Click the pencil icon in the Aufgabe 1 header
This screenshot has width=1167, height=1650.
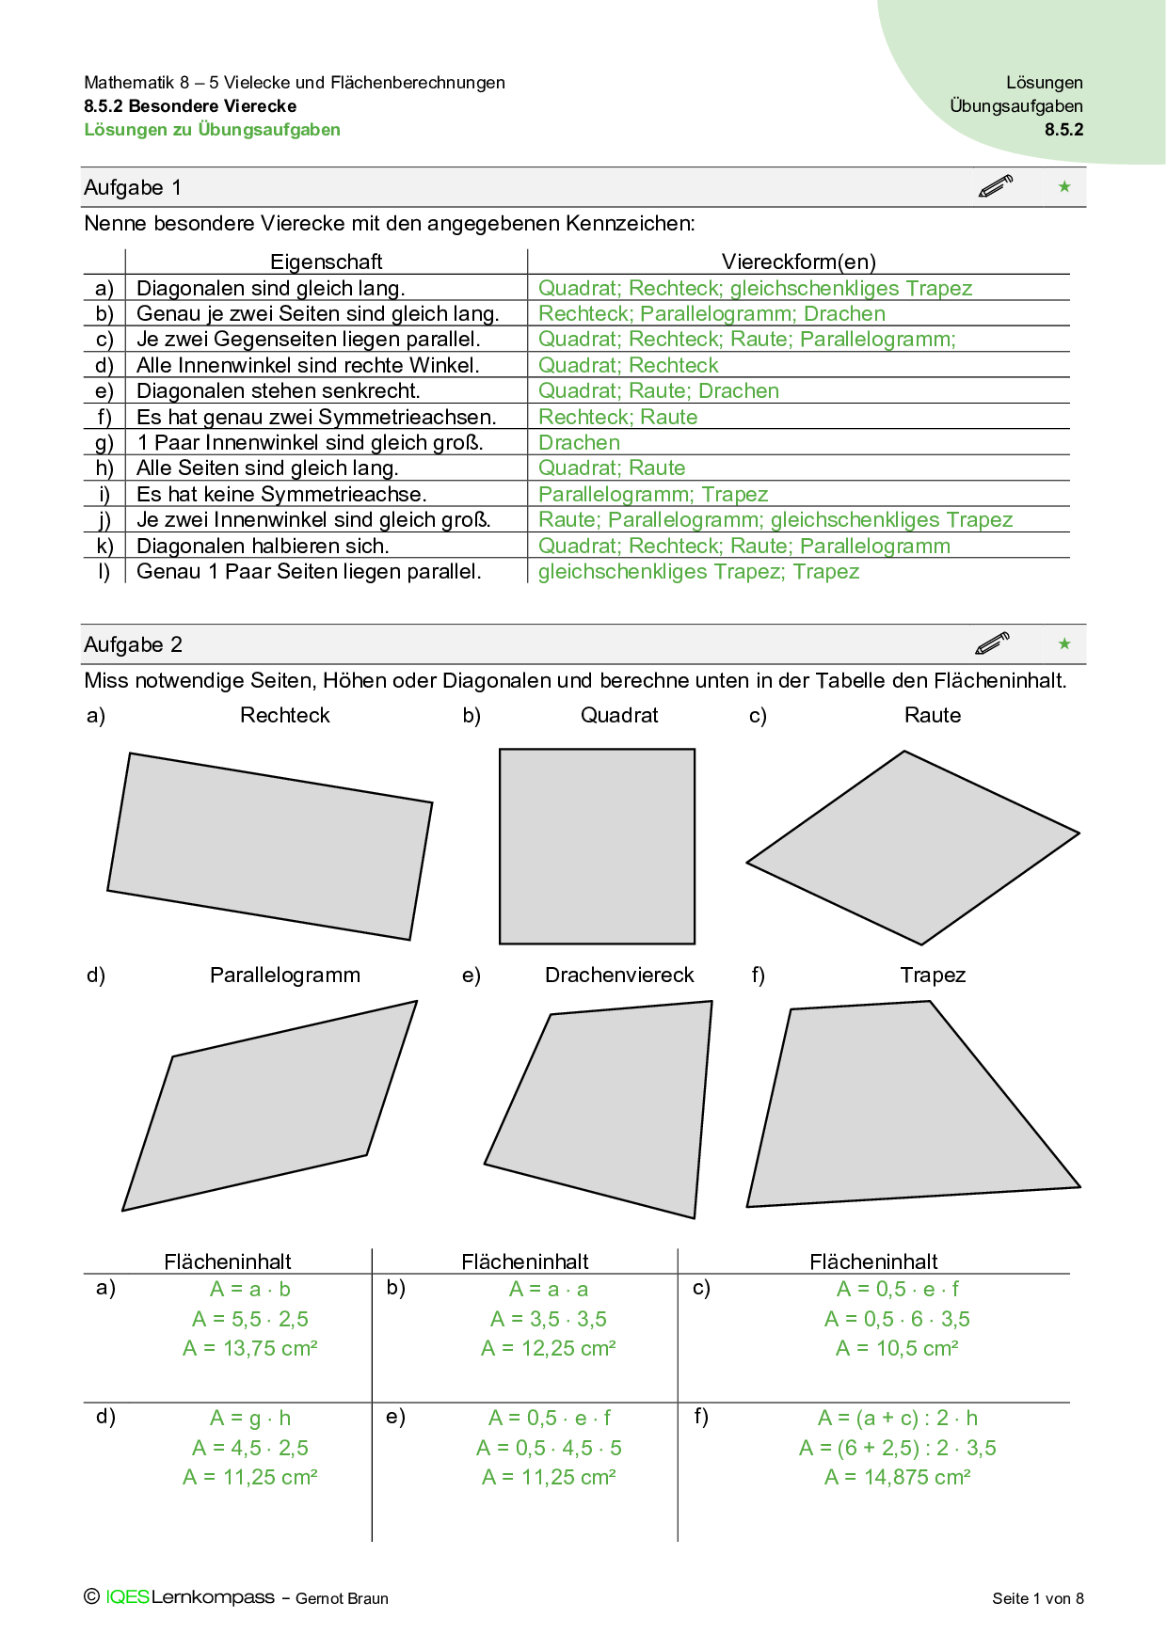coord(996,186)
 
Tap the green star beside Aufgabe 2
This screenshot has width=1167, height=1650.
coord(1064,643)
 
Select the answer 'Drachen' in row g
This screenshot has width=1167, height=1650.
coord(579,442)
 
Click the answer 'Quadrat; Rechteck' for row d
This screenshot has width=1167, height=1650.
coord(628,365)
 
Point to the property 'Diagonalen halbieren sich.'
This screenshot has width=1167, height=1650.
coord(263,546)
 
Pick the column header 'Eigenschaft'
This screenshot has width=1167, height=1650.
coord(326,262)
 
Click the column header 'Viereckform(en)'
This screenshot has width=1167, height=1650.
coord(798,262)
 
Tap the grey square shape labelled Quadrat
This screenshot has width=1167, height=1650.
coord(597,846)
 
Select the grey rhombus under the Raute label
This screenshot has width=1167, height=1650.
coord(913,847)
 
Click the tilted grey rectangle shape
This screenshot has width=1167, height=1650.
coord(270,846)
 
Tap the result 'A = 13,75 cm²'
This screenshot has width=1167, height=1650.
coord(250,1348)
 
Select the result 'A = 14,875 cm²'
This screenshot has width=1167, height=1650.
coord(897,1477)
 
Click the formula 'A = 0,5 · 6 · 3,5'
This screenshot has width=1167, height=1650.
coord(897,1319)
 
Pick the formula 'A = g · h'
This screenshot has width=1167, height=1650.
coord(250,1418)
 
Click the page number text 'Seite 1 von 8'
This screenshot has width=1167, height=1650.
coord(1037,1598)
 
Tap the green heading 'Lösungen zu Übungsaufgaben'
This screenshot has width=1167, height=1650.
coord(213,130)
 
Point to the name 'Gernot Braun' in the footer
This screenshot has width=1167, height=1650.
coord(342,1598)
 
